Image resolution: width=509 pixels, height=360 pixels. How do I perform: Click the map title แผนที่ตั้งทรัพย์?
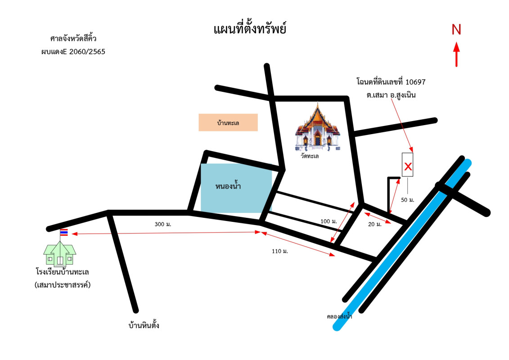coord(250,30)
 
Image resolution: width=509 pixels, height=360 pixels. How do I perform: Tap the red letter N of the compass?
coord(456,30)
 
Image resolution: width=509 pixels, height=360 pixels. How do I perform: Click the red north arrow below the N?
coord(456,54)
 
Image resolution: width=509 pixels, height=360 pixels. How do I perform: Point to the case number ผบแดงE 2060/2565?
coord(73,51)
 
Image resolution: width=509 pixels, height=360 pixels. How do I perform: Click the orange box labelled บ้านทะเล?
coord(228,122)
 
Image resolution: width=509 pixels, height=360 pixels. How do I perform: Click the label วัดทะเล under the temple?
coord(310,156)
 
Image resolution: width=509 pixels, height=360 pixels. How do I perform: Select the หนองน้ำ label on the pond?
coord(228,185)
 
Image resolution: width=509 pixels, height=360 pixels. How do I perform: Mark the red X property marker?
coord(408,166)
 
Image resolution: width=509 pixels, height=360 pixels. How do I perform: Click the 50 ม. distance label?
coord(407,200)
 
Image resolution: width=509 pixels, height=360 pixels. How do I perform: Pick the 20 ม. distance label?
coord(375,224)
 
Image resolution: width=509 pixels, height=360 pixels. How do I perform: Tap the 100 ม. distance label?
coord(329,221)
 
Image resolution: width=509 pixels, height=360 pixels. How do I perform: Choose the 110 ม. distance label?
coord(279,251)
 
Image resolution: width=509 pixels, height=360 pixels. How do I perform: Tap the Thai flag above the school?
coord(64,232)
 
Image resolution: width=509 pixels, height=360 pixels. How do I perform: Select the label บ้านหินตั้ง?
coord(144,325)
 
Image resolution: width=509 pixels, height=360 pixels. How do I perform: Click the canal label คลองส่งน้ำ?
coord(339,317)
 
